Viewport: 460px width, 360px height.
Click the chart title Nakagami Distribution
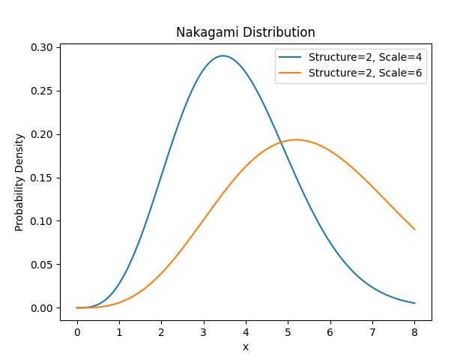coord(245,32)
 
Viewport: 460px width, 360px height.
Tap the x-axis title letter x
coord(245,347)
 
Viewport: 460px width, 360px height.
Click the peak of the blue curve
coord(223,56)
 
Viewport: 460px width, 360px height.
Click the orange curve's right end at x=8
coord(414,229)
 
